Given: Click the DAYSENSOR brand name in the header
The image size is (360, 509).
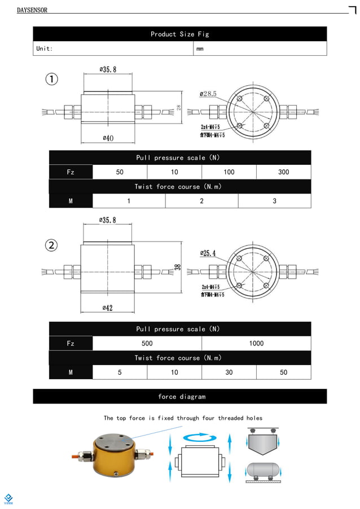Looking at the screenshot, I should [32, 10].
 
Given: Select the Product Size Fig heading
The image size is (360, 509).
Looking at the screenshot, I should [179, 34].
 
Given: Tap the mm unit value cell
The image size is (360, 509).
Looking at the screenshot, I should [200, 49].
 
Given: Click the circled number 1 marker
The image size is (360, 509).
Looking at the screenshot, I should [51, 80].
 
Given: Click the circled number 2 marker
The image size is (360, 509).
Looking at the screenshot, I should [51, 245].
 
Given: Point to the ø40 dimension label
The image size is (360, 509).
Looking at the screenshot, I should [108, 138].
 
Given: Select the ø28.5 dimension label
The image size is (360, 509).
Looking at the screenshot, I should [208, 94].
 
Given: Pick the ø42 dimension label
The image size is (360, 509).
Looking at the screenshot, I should [108, 308].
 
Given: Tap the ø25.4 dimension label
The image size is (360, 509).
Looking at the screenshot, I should [208, 253].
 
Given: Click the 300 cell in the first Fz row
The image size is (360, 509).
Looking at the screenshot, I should [283, 172].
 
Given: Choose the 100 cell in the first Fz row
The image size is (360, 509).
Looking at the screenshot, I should [229, 172].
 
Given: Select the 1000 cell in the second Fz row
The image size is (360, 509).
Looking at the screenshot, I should [256, 343].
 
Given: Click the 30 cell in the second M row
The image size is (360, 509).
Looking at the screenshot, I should [229, 372].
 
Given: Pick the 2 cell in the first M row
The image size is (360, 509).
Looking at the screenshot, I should [201, 201].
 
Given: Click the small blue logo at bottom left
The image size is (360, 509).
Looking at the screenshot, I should [8, 498].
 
